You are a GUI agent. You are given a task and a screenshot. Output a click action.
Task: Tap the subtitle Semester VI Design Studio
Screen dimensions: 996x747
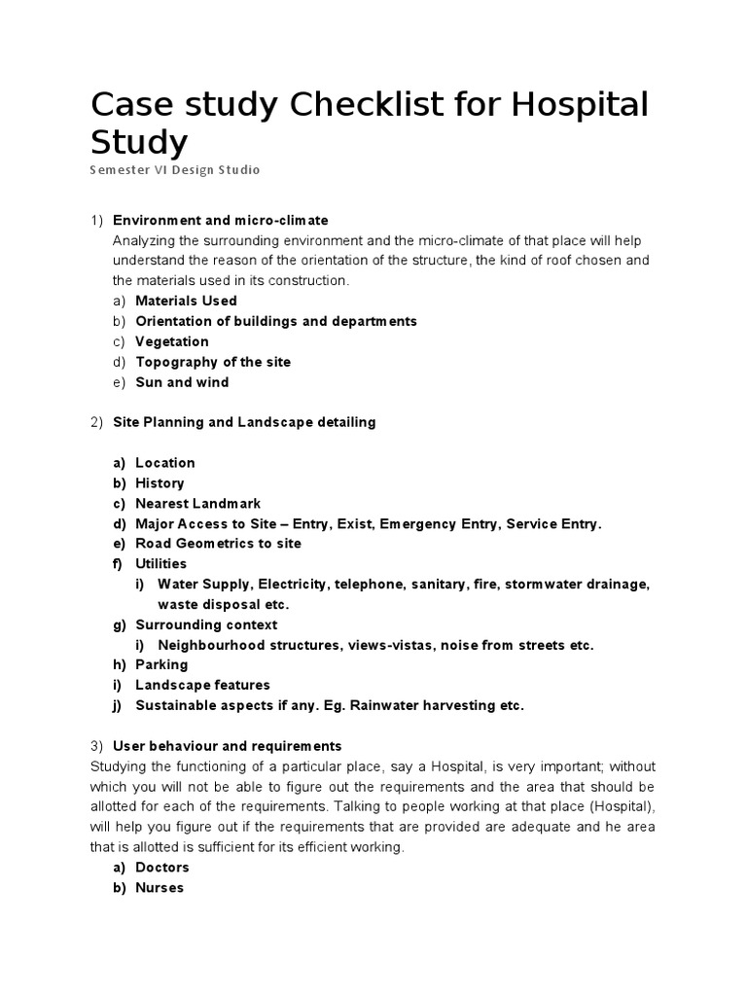(x=175, y=170)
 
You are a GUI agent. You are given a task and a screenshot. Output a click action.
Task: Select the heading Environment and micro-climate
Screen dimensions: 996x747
(x=220, y=221)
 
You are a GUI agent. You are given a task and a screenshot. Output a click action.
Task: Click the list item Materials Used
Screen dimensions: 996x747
(x=186, y=301)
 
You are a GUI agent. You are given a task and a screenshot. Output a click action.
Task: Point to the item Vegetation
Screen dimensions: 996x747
(x=172, y=341)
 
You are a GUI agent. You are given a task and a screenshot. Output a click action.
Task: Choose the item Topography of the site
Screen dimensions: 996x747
(x=213, y=362)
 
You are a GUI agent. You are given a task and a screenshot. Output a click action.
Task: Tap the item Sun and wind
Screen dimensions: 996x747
(x=182, y=382)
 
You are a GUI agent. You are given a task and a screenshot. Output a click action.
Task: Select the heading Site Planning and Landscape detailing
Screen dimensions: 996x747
(x=244, y=422)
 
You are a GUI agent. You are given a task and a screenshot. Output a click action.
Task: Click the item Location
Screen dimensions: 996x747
(x=165, y=463)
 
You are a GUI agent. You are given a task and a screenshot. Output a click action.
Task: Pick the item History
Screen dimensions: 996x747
(x=160, y=483)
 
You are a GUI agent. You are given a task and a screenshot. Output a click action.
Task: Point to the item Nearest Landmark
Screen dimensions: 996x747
(x=198, y=504)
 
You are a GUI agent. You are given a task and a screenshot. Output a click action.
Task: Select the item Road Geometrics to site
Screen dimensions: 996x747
(x=218, y=544)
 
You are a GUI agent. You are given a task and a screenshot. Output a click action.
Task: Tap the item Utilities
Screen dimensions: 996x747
(x=160, y=564)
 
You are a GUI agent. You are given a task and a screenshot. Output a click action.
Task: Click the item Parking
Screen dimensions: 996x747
(x=161, y=665)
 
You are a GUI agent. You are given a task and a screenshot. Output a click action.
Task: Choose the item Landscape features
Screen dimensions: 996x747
(x=202, y=686)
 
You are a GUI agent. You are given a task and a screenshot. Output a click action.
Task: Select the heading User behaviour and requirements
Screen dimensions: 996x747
(x=228, y=746)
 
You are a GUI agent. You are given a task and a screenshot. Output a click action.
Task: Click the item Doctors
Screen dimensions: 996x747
(x=162, y=868)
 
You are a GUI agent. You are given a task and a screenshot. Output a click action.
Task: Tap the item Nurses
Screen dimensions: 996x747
(x=160, y=888)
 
